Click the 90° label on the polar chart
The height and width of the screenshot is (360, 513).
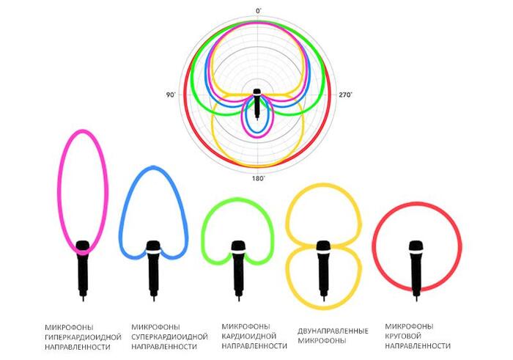click(x=171, y=95)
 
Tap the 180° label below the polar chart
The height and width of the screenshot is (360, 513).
click(x=258, y=178)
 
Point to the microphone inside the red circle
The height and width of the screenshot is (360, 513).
click(x=416, y=268)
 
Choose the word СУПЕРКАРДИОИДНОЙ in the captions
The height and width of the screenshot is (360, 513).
click(x=166, y=335)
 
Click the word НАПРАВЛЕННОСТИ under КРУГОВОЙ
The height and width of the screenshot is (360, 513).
click(x=418, y=345)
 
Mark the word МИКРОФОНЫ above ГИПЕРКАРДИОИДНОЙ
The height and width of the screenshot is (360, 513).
click(x=67, y=326)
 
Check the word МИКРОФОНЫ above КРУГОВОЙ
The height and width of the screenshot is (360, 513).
click(x=409, y=326)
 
